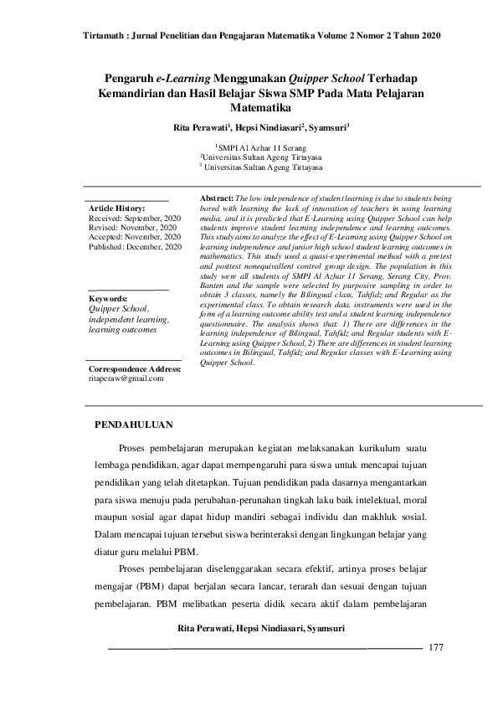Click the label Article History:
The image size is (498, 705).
click(x=116, y=207)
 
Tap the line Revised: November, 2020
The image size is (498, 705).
click(x=131, y=227)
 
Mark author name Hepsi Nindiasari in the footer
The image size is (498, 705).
click(x=263, y=628)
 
